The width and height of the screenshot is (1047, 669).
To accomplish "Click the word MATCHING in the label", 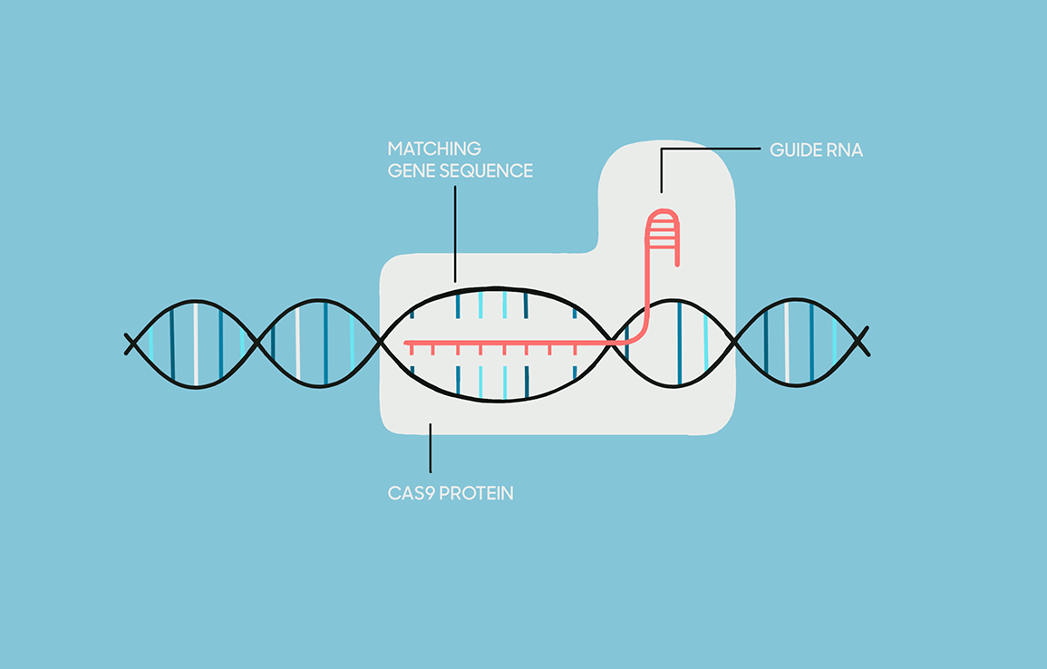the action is (434, 149).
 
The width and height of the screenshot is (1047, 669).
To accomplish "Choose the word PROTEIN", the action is (477, 493).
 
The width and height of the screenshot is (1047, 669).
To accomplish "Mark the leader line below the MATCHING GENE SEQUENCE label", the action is (455, 234).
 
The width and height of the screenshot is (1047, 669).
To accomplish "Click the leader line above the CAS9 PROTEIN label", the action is (430, 448).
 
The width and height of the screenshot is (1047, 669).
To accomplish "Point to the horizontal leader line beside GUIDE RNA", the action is (711, 149).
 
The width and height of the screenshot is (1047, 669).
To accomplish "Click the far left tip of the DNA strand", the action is (126, 334).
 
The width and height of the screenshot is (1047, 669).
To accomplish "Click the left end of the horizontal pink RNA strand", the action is (407, 344).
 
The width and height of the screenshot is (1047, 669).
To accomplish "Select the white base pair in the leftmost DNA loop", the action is (196, 344).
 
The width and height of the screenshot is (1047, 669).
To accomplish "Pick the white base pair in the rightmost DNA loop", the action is (787, 343).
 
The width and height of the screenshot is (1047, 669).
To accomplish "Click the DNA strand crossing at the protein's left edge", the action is (382, 342).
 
